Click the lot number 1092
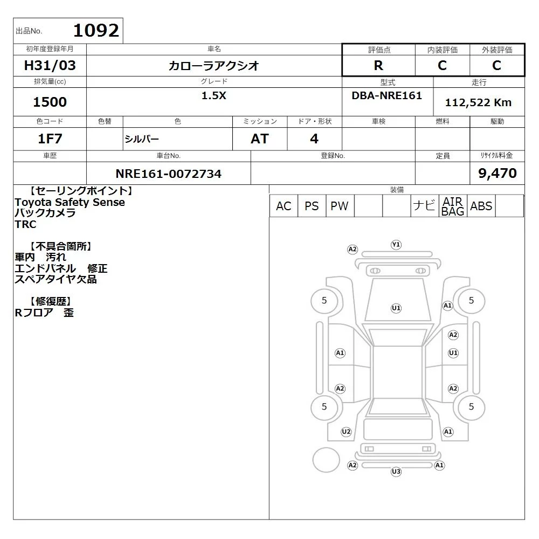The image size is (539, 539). pyautogui.click(x=96, y=31)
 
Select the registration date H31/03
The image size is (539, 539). pyautogui.click(x=50, y=65)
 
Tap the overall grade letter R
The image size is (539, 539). pyautogui.click(x=378, y=65)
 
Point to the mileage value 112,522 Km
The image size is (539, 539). pyautogui.click(x=478, y=102)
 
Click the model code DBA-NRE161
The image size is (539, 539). pyautogui.click(x=386, y=95)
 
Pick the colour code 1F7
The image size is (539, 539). pyautogui.click(x=50, y=139)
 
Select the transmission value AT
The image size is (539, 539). pyautogui.click(x=260, y=139)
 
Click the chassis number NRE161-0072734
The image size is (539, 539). pyautogui.click(x=168, y=174)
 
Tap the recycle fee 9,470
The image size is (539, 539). pyautogui.click(x=497, y=173)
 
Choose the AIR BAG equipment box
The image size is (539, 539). pyautogui.click(x=453, y=206)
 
